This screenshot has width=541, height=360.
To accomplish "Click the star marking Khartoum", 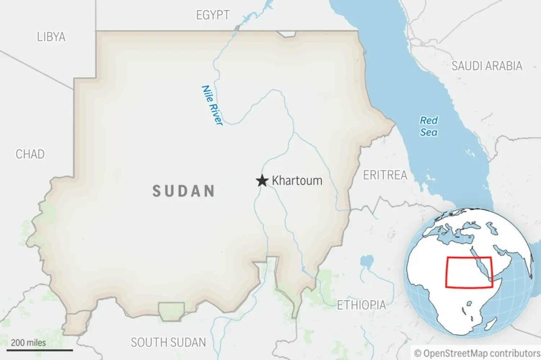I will coord(262,181).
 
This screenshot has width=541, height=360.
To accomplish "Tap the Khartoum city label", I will coord(297,181).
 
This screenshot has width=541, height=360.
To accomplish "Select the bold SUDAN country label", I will coord(184,191).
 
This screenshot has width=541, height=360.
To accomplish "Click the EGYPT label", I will coord(213,15).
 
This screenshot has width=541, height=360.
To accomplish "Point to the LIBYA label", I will coord(51,37).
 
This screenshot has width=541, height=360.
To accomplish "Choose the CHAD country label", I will coord(30,154).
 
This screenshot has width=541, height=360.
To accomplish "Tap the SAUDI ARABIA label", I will coord(487,66).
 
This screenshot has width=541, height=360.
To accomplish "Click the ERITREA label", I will coord(385,175).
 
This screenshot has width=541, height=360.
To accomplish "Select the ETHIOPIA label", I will coord(361,305).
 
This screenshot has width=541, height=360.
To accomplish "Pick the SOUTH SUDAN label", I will coord(168,342).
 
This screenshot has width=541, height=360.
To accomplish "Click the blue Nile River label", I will coord(212,105).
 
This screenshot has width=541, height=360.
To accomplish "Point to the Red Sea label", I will coord(428,126).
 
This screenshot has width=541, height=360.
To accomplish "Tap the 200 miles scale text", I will coord(28,343).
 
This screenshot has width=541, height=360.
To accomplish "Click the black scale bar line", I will coord(40,350).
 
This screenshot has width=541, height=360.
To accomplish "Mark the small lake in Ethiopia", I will coord(367,261).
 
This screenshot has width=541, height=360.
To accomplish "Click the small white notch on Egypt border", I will coord(287,34).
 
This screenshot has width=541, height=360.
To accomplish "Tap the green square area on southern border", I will coord(172,311).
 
